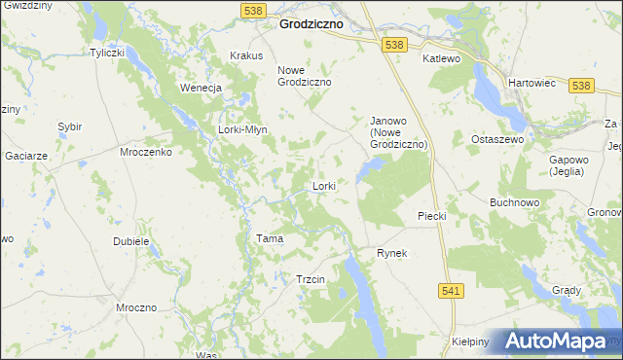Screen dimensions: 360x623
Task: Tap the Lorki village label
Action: pos(324,185)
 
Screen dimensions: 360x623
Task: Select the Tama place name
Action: pos(269,238)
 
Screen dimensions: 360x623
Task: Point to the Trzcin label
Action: pos(310,279)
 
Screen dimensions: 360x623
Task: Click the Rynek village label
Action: pos(391,253)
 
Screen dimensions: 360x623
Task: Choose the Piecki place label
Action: pos(430,216)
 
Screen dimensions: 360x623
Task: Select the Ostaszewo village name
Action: pos(497,140)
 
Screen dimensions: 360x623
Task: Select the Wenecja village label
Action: pos(202,88)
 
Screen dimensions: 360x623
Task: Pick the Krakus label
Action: pos(246,55)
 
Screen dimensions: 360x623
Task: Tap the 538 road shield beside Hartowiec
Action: pos(582,86)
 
